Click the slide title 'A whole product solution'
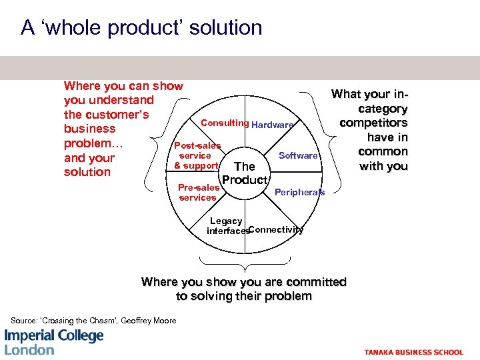[x=141, y=28]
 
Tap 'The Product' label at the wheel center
[x=245, y=173]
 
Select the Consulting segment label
[x=225, y=123]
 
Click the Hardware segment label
[x=272, y=125]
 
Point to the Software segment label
[x=298, y=155]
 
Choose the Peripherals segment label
[x=300, y=192]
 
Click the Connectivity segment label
[x=277, y=230]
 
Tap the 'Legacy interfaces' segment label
[x=226, y=226]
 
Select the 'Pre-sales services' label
[x=198, y=193]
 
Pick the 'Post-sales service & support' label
[x=197, y=155]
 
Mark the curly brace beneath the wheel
[x=244, y=267]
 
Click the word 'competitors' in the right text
[x=373, y=123]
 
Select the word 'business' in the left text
[x=90, y=129]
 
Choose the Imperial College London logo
[x=54, y=342]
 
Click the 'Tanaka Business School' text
[x=413, y=352]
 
